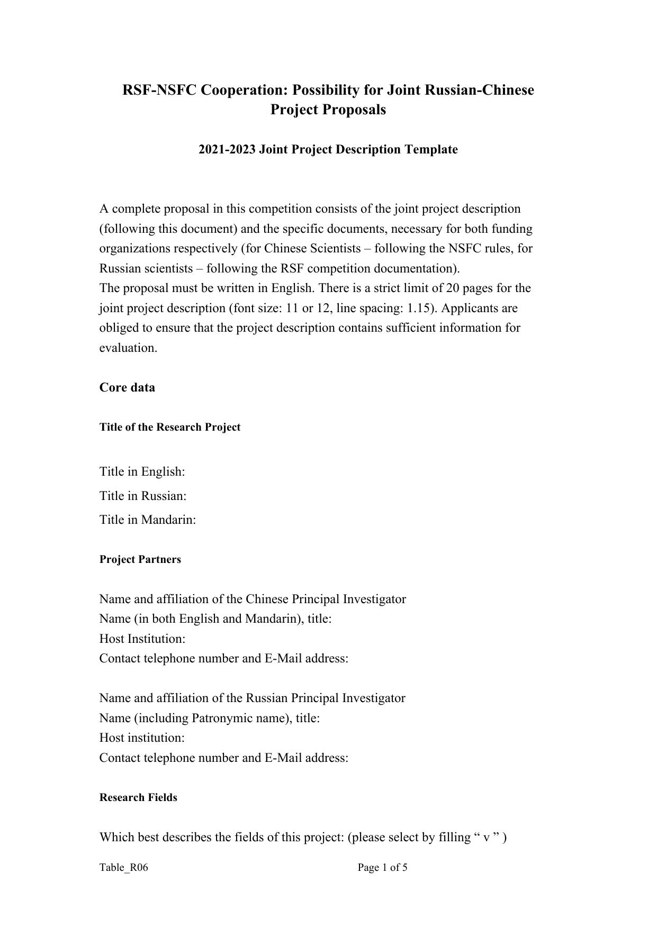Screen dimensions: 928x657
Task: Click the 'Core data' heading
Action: [x=127, y=388]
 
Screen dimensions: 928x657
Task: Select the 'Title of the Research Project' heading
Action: [x=169, y=427]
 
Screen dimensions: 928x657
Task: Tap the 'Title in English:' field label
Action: [x=142, y=471]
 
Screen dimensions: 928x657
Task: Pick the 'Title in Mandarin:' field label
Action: [x=148, y=520]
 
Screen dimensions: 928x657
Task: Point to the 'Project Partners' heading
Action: [x=140, y=560]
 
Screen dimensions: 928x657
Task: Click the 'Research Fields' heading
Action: [x=138, y=798]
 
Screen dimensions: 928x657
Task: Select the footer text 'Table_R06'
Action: [x=123, y=868]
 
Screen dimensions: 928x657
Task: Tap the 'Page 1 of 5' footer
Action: [x=382, y=868]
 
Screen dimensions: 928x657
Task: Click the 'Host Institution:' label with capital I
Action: [x=142, y=639]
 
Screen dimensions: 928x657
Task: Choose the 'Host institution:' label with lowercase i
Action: [x=142, y=738]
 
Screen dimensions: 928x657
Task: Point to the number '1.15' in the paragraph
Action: [x=417, y=308]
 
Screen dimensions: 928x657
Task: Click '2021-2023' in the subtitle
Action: [x=227, y=150]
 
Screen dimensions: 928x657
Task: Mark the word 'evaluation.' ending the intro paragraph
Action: [x=128, y=348]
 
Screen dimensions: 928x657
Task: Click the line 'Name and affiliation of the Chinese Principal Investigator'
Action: [x=253, y=599]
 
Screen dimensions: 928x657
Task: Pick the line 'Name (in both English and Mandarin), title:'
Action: [x=215, y=619]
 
